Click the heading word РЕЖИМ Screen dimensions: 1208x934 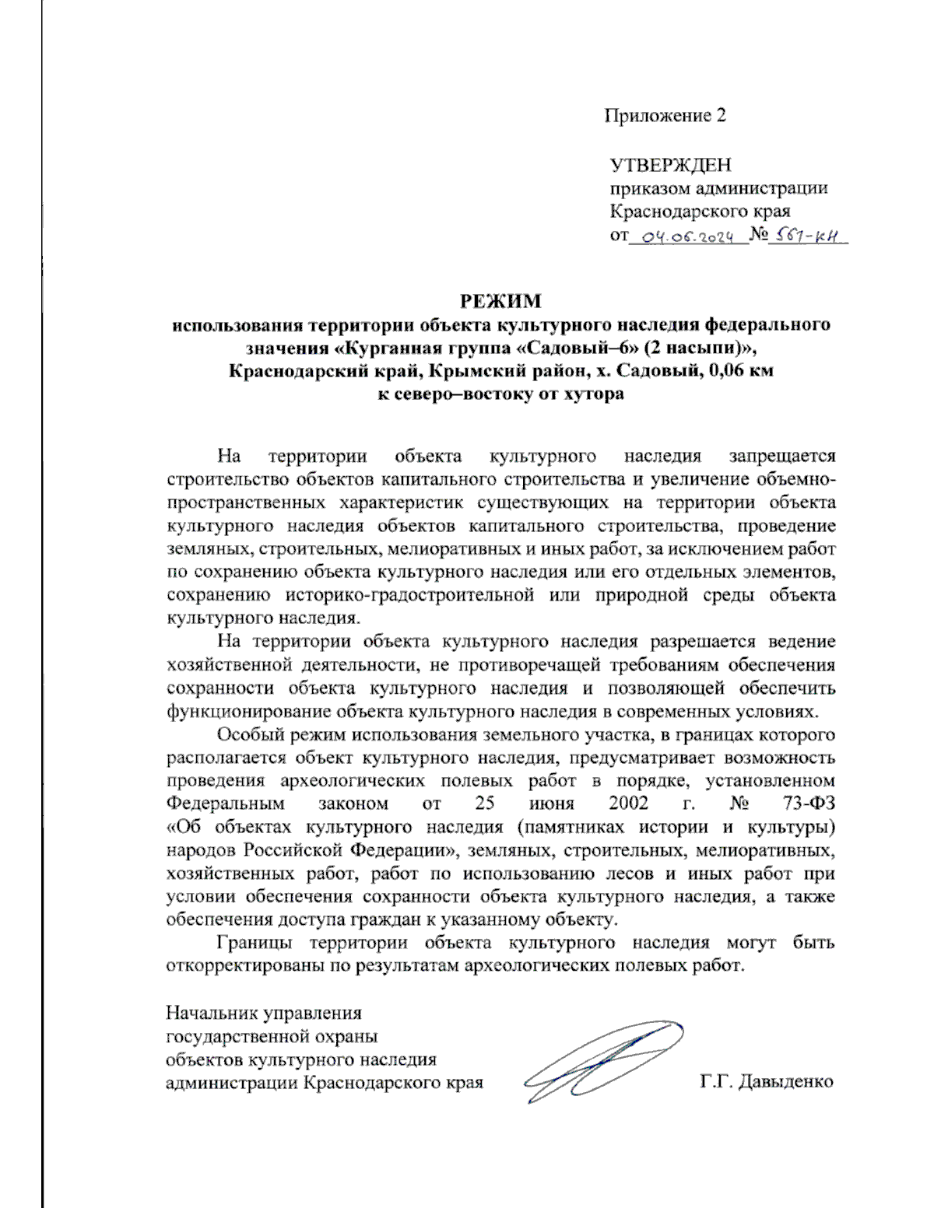(500, 301)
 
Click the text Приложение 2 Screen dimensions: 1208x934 (665, 116)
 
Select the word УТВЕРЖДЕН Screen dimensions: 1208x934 (670, 165)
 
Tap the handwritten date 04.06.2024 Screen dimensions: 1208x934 (687, 237)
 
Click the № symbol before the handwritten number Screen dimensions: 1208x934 (758, 235)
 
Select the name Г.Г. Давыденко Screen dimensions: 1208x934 (766, 1081)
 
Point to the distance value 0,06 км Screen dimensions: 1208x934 (740, 370)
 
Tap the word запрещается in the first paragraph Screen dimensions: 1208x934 (781, 456)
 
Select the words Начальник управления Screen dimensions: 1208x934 (264, 1013)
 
